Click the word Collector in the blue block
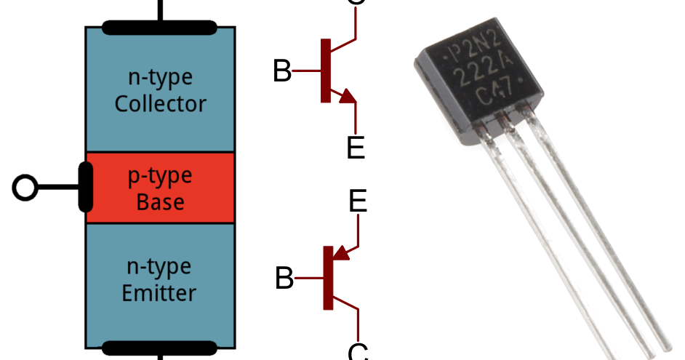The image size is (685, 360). click(x=160, y=103)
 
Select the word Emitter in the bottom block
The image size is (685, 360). click(x=159, y=293)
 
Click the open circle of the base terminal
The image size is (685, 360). click(x=25, y=188)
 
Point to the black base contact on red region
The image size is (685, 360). click(x=85, y=188)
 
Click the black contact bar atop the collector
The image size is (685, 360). click(x=160, y=28)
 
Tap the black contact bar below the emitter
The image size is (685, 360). click(x=160, y=348)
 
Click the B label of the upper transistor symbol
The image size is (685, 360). click(x=282, y=72)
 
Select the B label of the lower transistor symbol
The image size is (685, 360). click(x=284, y=279)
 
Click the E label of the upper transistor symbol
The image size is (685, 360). click(x=356, y=148)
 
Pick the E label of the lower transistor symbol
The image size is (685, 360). click(x=358, y=201)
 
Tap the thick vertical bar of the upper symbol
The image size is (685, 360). click(x=325, y=71)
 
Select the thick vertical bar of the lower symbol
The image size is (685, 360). click(x=328, y=278)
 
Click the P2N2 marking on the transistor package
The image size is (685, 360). click(x=473, y=51)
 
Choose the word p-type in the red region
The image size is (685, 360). click(x=160, y=175)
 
